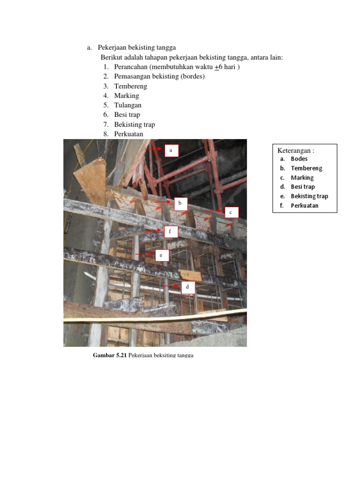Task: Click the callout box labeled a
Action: coord(171,150)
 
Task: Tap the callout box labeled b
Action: coord(180,204)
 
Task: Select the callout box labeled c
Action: coord(231,213)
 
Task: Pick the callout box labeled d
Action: coord(187,287)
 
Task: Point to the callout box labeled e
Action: coord(161,255)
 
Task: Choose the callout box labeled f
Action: coord(171,231)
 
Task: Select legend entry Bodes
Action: coord(299,159)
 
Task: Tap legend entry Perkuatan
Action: coord(304,205)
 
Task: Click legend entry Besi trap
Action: coord(302,187)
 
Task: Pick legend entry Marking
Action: coord(302,178)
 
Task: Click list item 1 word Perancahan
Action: coord(131,67)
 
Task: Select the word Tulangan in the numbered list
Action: coord(127,105)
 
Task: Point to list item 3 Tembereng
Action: coord(130,86)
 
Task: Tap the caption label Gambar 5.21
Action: coord(110,355)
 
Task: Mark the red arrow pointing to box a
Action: coord(153,149)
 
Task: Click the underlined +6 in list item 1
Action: coord(218,67)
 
